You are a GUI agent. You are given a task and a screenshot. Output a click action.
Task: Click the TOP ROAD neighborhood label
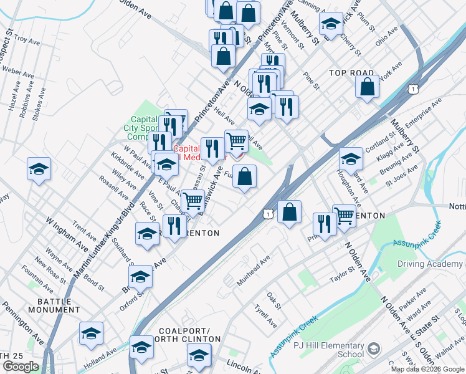pos(351,73)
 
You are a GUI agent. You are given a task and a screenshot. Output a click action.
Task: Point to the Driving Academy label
pos(430,264)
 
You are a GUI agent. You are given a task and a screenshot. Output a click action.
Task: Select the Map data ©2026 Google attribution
pos(428,369)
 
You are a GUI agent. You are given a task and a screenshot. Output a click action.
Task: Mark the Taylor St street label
pos(343,272)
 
